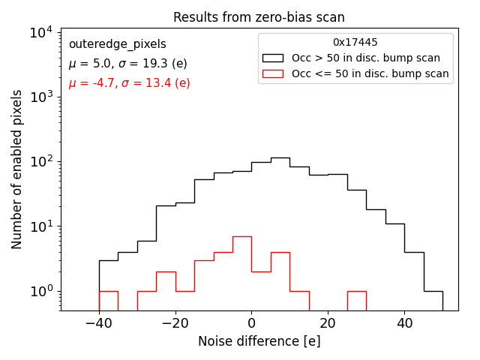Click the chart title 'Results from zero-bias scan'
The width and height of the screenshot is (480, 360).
pyautogui.click(x=259, y=17)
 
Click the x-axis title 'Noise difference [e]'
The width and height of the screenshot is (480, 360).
pyautogui.click(x=259, y=341)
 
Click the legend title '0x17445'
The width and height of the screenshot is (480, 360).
pyautogui.click(x=355, y=43)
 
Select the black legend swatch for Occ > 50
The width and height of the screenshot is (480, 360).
pyautogui.click(x=273, y=58)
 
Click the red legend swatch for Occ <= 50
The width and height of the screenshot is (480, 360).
pyautogui.click(x=273, y=73)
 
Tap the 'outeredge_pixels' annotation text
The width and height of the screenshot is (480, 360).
pyautogui.click(x=117, y=44)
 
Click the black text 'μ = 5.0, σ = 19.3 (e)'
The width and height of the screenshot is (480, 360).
pyautogui.click(x=127, y=64)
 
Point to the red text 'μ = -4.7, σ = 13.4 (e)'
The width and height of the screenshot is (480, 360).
pyautogui.click(x=129, y=83)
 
